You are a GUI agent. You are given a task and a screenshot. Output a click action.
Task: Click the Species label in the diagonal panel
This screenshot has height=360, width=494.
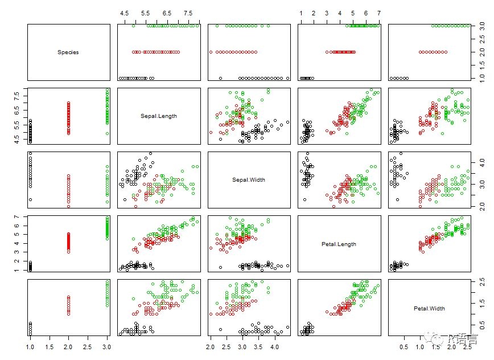click(68, 52)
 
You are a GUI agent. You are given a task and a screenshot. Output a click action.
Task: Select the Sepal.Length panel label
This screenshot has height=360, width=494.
click(159, 116)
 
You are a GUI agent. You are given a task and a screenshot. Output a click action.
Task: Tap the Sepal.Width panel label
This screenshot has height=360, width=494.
click(249, 180)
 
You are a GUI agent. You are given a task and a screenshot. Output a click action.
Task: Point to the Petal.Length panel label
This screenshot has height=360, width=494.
click(340, 244)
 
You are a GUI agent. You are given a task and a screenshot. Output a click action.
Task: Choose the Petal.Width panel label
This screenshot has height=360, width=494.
click(430, 308)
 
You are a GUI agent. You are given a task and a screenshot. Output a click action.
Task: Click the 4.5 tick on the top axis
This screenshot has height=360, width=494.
click(125, 12)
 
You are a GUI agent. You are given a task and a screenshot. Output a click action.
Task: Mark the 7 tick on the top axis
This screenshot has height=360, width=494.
click(378, 12)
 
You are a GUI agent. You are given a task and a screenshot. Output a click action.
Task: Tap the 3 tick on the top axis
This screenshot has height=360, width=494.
click(327, 12)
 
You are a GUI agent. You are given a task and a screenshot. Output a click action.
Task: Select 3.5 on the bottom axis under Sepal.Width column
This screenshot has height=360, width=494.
click(258, 346)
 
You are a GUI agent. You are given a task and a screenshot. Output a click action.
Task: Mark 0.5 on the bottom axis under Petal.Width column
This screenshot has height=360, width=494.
click(405, 346)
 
